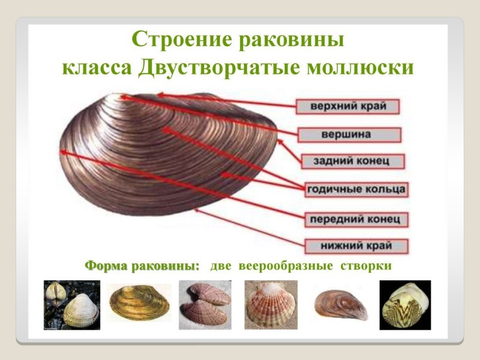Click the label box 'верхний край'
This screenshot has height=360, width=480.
click(348, 106)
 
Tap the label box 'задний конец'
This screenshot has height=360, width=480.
click(351, 161)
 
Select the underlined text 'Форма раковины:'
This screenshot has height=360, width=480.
click(142, 265)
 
